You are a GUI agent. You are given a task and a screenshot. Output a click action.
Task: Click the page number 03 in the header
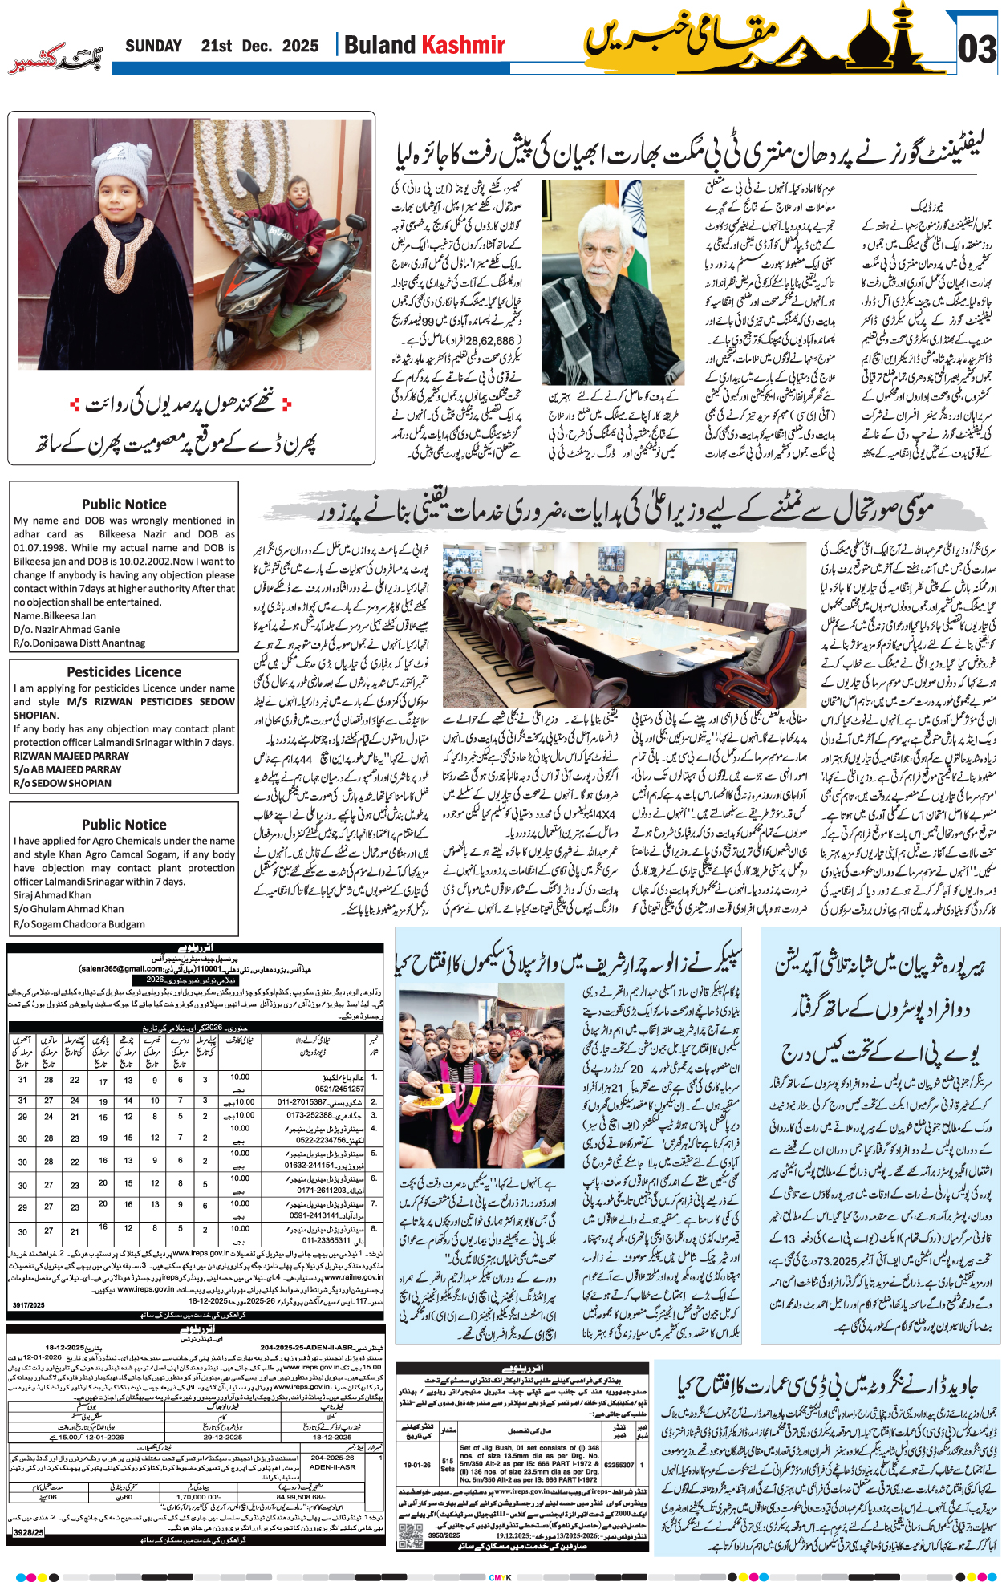(x=976, y=50)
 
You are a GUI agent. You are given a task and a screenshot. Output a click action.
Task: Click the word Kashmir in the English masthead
(x=464, y=45)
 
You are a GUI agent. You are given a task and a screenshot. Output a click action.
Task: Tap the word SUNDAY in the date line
(x=153, y=46)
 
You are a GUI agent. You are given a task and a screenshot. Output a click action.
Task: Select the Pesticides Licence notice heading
(x=124, y=672)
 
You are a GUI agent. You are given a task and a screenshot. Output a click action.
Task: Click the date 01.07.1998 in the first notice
(x=39, y=548)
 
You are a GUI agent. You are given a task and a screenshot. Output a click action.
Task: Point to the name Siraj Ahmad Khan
(x=52, y=895)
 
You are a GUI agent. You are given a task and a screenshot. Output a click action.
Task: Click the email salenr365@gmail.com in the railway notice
(x=121, y=969)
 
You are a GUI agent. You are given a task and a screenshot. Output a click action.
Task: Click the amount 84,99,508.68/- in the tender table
(x=300, y=1496)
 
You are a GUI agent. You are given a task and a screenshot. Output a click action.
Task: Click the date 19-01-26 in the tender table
(x=417, y=1464)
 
